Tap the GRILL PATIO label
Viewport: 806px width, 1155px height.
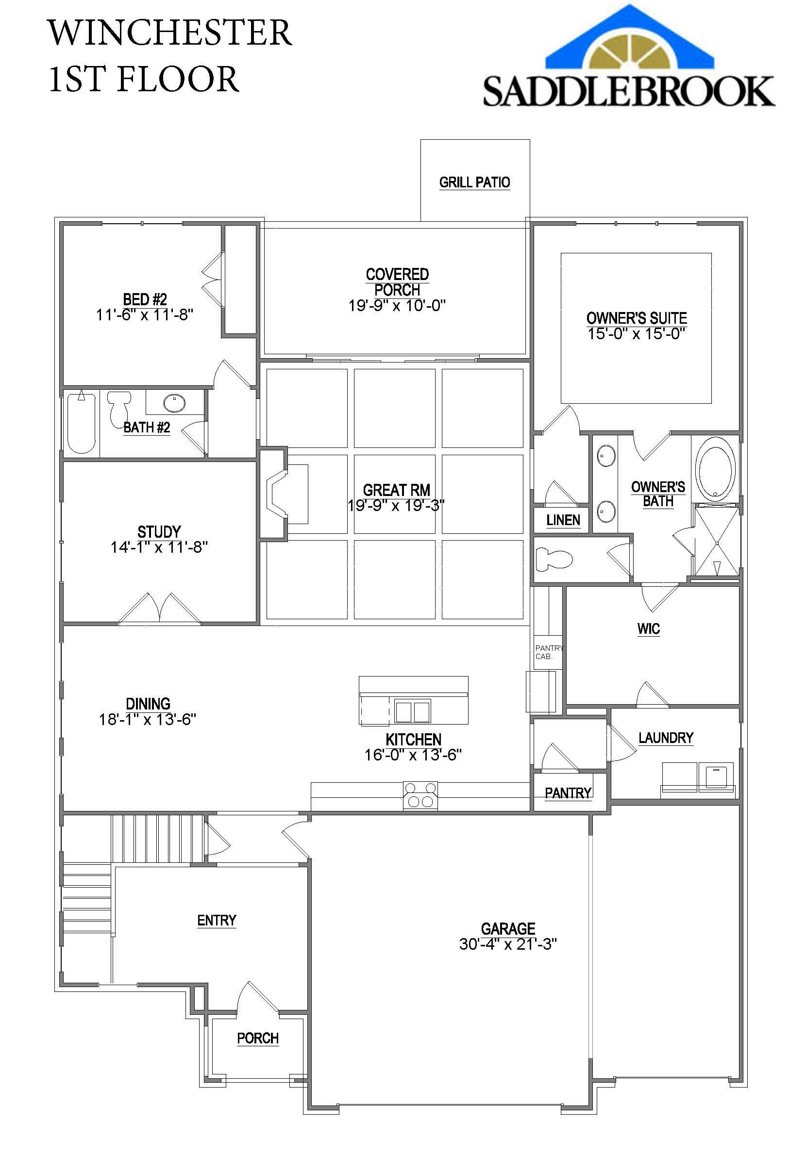point(474,182)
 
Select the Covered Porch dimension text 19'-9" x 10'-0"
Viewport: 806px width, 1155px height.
point(397,305)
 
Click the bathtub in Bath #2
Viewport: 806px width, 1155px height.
point(82,423)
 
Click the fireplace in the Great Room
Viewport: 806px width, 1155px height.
point(285,494)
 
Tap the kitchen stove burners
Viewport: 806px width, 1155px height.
point(420,795)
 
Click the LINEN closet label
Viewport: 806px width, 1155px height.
point(563,520)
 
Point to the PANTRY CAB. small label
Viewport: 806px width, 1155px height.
point(548,652)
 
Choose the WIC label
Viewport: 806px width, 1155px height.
point(648,629)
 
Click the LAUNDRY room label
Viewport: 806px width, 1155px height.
point(666,738)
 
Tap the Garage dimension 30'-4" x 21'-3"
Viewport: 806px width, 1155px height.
point(508,944)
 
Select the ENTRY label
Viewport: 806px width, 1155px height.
point(217,920)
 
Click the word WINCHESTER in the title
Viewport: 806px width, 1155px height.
point(169,33)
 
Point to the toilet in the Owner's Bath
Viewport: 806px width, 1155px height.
point(554,559)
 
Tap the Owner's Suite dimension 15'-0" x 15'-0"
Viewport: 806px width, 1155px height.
point(637,333)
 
